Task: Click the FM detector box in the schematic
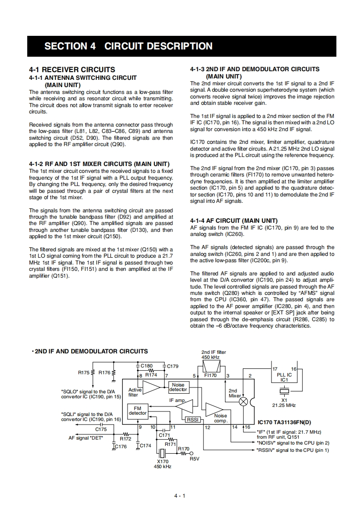[x=138, y=411]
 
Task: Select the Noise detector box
[x=178, y=387]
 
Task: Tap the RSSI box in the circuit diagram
[x=192, y=420]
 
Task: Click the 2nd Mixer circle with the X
[x=243, y=401]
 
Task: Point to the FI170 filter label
[x=210, y=375]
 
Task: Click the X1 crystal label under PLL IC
[x=284, y=400]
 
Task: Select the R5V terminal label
[x=194, y=459]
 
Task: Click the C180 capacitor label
[x=147, y=366]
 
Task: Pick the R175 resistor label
[x=84, y=372]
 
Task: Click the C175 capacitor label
[x=101, y=429]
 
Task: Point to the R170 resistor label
[x=183, y=449]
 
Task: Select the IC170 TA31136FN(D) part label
[x=284, y=421]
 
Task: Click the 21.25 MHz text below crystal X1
[x=284, y=405]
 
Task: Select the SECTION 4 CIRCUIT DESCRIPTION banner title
[x=128, y=46]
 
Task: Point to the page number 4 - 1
[x=180, y=495]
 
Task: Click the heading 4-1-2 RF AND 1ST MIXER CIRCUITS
[x=99, y=164]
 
